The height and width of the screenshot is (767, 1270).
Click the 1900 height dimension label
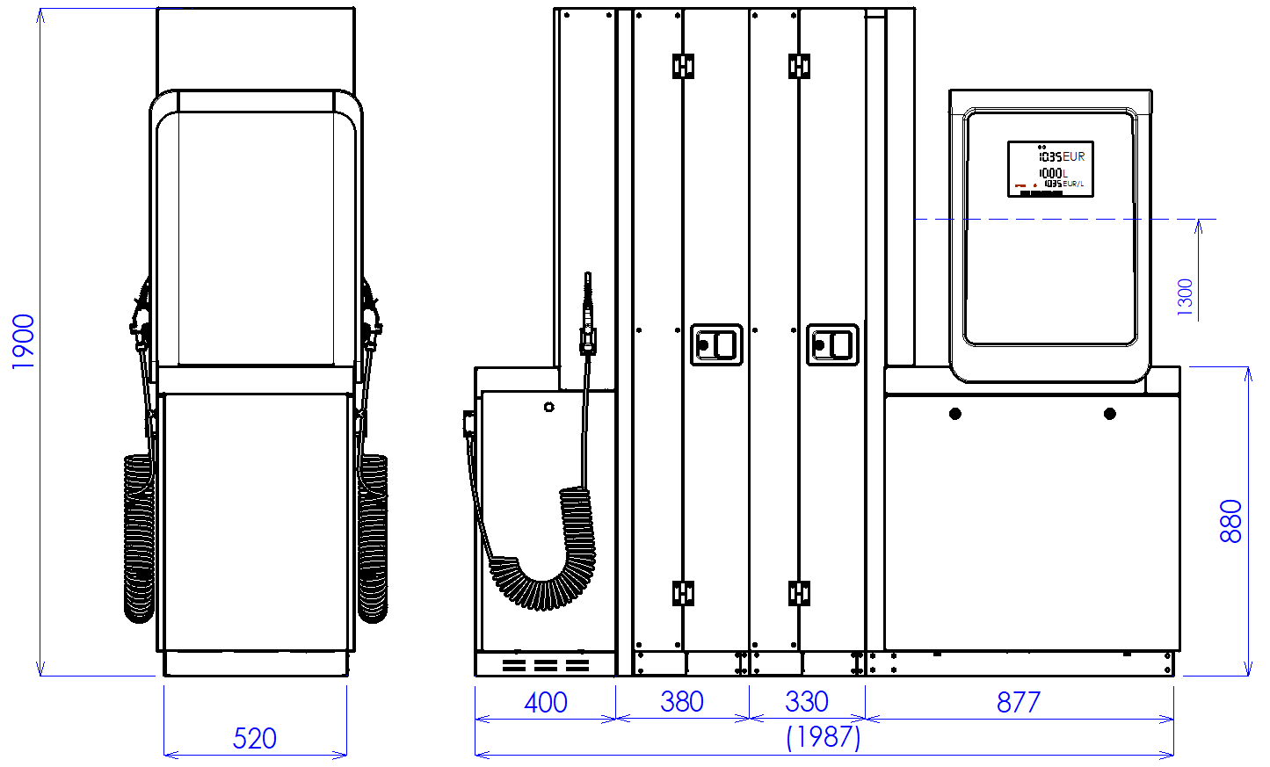click(x=23, y=341)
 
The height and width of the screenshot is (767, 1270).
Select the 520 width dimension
click(x=254, y=738)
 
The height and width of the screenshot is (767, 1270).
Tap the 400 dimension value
click(x=545, y=702)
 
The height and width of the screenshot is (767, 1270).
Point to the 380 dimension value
click(x=681, y=701)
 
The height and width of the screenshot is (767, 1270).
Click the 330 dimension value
click(x=806, y=701)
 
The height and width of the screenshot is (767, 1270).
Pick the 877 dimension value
click(x=1018, y=702)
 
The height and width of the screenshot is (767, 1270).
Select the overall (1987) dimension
click(x=823, y=736)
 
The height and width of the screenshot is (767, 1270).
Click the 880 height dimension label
click(x=1231, y=521)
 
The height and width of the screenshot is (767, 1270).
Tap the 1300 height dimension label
click(x=1185, y=297)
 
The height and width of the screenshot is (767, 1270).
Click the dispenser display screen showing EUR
click(x=1050, y=169)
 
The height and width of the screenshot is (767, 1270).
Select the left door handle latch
click(x=716, y=344)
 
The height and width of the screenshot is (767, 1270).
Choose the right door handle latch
click(x=832, y=344)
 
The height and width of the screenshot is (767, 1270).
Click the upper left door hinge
click(x=683, y=66)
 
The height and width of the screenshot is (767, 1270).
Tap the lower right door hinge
click(x=799, y=593)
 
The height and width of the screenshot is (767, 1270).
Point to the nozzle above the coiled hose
click(x=588, y=316)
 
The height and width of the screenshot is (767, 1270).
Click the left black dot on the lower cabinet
click(x=955, y=413)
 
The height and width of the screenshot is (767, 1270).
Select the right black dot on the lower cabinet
click(x=1110, y=413)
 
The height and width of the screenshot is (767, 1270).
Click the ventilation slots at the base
click(x=545, y=665)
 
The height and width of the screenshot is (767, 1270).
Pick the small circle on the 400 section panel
click(x=549, y=407)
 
